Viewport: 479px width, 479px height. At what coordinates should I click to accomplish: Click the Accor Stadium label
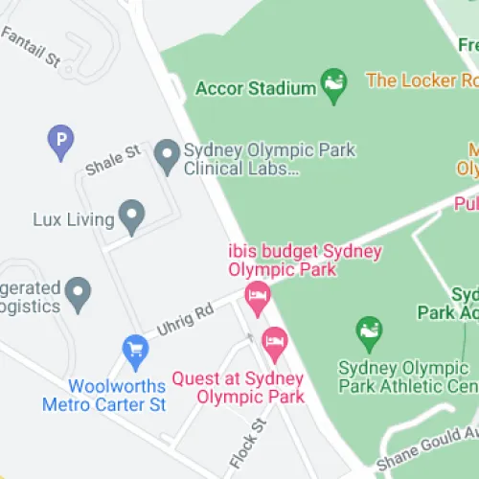255,88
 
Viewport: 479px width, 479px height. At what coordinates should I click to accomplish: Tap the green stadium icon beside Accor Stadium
333,86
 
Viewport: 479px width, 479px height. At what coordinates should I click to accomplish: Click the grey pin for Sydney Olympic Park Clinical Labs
168,157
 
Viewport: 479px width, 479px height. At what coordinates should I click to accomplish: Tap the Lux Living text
73,219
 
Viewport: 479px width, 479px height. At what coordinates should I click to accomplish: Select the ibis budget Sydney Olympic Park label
305,261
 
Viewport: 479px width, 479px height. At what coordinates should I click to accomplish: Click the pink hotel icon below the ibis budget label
257,297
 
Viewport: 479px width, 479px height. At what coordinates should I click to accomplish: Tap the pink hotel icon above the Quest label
275,343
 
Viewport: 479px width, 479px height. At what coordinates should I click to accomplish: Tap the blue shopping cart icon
136,352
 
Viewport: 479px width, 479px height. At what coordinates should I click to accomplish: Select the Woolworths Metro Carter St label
103,395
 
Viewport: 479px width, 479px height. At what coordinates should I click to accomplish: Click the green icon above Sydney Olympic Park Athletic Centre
369,332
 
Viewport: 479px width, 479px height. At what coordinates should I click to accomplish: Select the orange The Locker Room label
422,80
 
